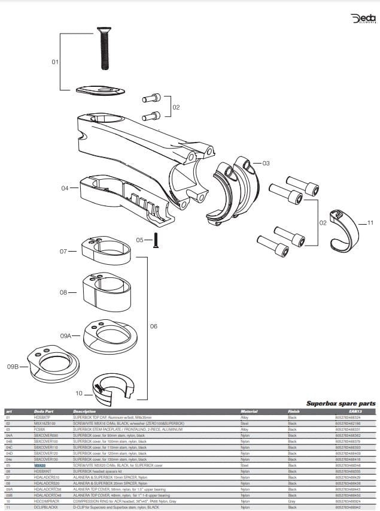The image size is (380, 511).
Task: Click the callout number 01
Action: click(55, 62)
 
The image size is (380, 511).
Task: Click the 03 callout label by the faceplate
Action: click(266, 163)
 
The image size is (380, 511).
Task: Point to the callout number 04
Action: click(65, 188)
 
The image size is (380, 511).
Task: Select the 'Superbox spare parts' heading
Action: click(341, 404)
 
